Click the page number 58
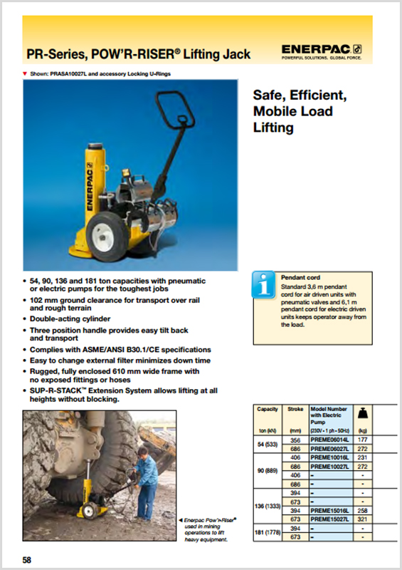27,560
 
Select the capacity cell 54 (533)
268,446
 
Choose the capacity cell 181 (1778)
268,532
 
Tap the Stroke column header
295,410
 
